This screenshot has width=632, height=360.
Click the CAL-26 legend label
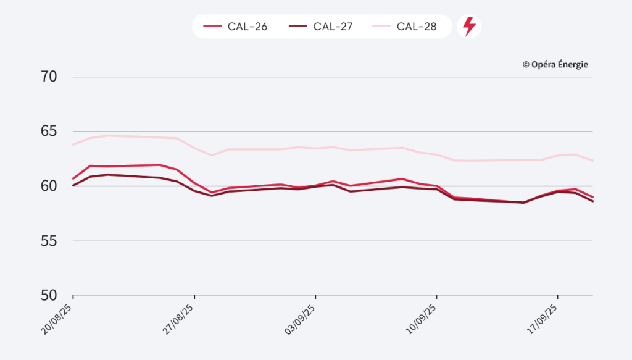[x=247, y=27]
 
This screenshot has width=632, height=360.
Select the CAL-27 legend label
[x=333, y=27]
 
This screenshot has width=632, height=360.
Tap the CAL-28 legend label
[x=417, y=27]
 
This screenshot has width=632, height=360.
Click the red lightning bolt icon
[x=469, y=27]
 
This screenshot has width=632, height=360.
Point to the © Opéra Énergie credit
[x=555, y=64]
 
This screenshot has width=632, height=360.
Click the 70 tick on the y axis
[x=49, y=77]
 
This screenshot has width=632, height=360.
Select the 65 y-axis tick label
[x=49, y=132]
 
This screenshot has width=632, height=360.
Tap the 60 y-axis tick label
[x=49, y=186]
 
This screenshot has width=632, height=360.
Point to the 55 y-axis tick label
[x=49, y=241]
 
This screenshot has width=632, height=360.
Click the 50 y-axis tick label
[x=49, y=295]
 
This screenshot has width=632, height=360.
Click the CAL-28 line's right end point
[x=592, y=161]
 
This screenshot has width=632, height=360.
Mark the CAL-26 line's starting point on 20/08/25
[x=73, y=178]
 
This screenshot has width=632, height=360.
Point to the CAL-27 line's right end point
[x=592, y=201]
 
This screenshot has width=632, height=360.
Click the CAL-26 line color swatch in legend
[x=212, y=27]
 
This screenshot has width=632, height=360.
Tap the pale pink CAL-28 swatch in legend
[x=381, y=27]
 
